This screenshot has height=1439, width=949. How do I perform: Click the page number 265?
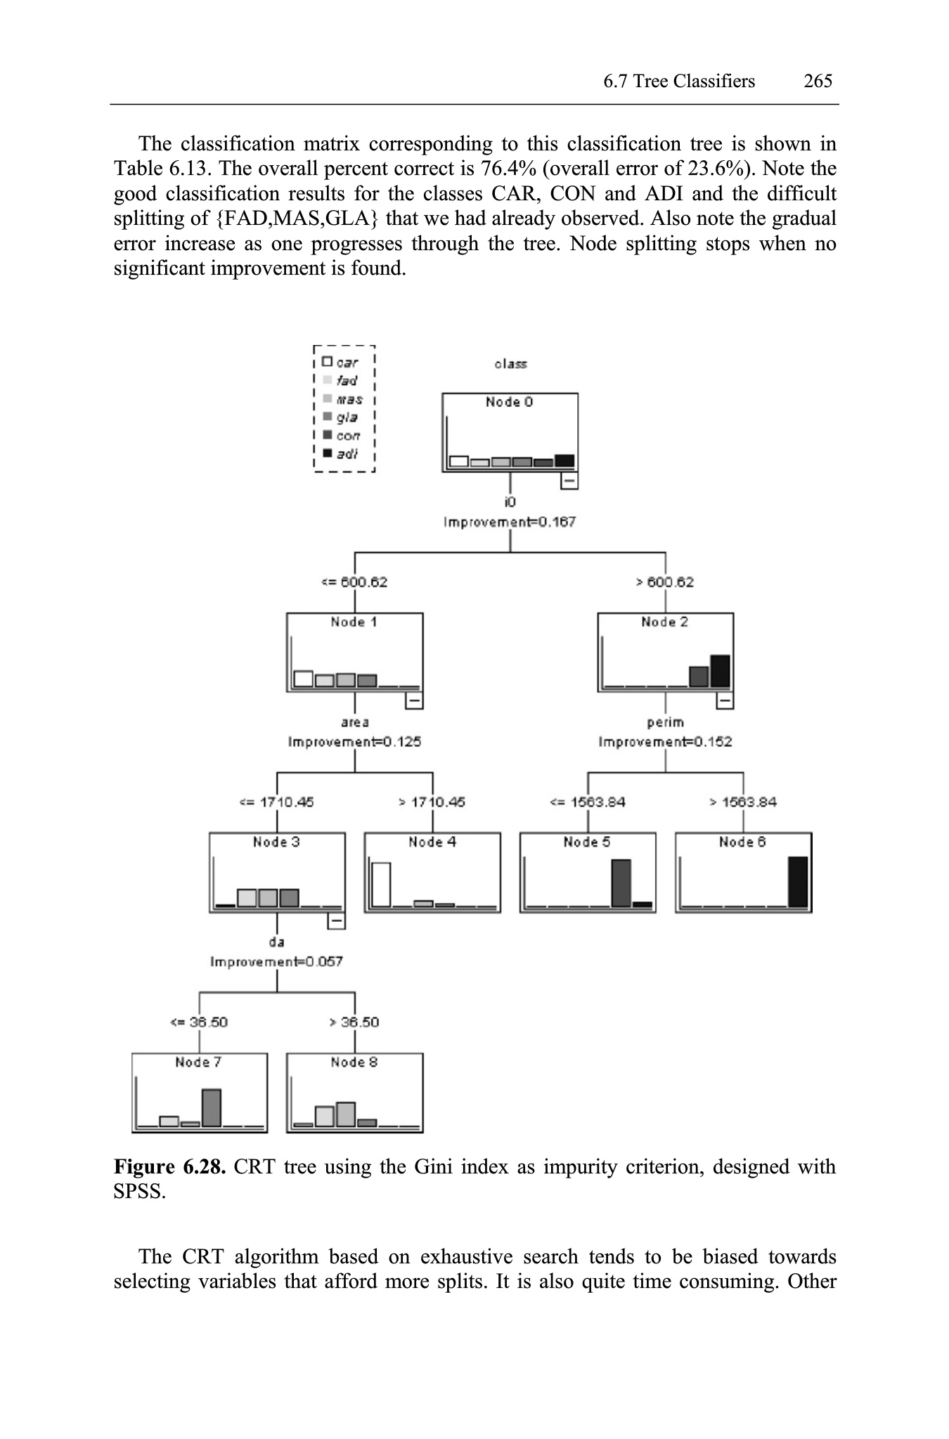818,82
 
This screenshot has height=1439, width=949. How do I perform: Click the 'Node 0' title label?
510,402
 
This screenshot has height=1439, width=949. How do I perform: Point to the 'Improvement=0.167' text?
510,522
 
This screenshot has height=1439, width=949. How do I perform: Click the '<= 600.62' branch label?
354,582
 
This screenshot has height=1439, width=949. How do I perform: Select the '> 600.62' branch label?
665,582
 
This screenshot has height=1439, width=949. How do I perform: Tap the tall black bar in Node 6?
798,882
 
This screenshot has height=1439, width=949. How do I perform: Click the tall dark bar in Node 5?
621,883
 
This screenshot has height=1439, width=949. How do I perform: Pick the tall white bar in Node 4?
381,884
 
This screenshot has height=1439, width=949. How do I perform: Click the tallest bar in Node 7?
212,1108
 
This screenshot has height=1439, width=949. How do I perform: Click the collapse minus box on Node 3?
337,920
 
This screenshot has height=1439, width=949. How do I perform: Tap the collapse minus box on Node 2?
725,701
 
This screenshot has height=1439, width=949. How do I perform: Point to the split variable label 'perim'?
665,722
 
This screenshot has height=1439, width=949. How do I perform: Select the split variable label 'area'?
354,722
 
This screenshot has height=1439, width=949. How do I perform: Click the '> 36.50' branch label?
354,1022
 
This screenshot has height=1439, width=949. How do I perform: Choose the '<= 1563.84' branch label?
588,802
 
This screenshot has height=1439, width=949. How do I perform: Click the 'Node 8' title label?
354,1062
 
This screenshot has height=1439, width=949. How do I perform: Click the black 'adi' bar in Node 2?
720,671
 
